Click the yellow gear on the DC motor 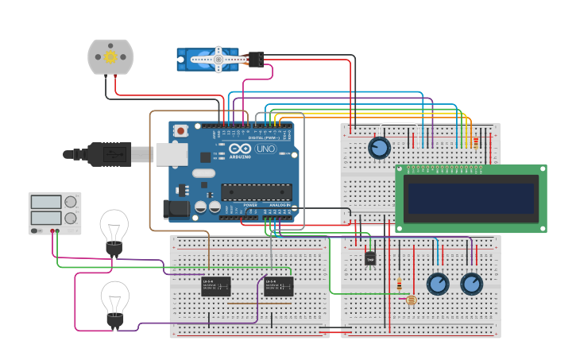pyautogui.click(x=110, y=56)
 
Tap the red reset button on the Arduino pyautogui.click(x=181, y=130)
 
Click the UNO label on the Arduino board pyautogui.click(x=265, y=149)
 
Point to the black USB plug pyautogui.click(x=110, y=153)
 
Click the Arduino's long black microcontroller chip pyautogui.click(x=256, y=192)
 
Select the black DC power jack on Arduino pyautogui.click(x=176, y=208)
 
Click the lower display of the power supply pyautogui.click(x=47, y=217)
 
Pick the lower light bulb pyautogui.click(x=115, y=302)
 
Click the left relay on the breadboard pyautogui.click(x=215, y=286)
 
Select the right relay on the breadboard pyautogui.click(x=278, y=286)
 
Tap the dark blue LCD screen pyautogui.click(x=470, y=198)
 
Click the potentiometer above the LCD pyautogui.click(x=380, y=148)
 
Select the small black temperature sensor pyautogui.click(x=370, y=258)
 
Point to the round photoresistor pyautogui.click(x=411, y=300)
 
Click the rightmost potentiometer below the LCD pyautogui.click(x=471, y=284)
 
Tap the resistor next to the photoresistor pyautogui.click(x=399, y=284)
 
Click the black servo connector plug pyautogui.click(x=256, y=60)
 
